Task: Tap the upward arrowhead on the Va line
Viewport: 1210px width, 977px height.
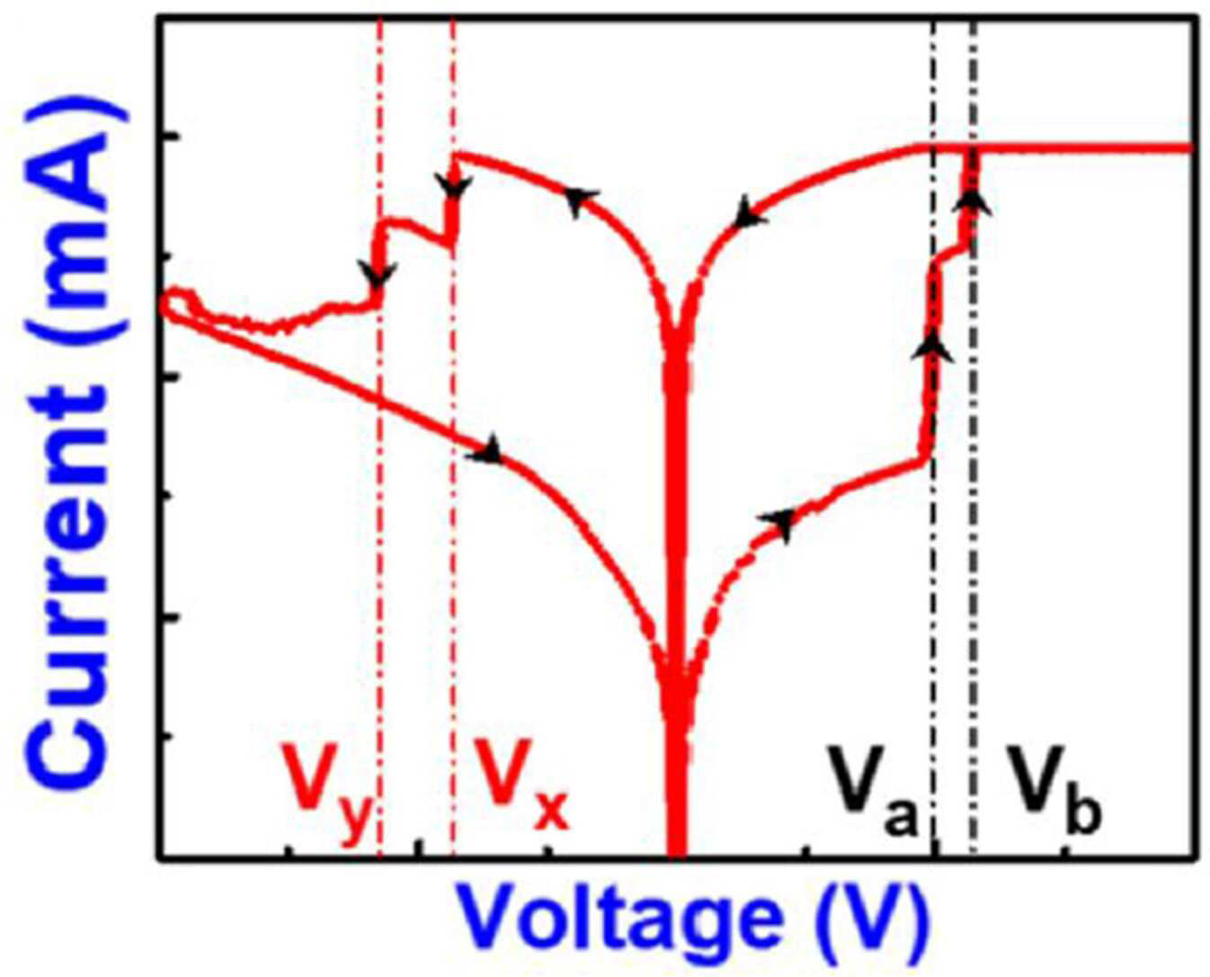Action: pos(932,347)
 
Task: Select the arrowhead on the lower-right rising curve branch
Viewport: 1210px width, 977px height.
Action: pos(779,521)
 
